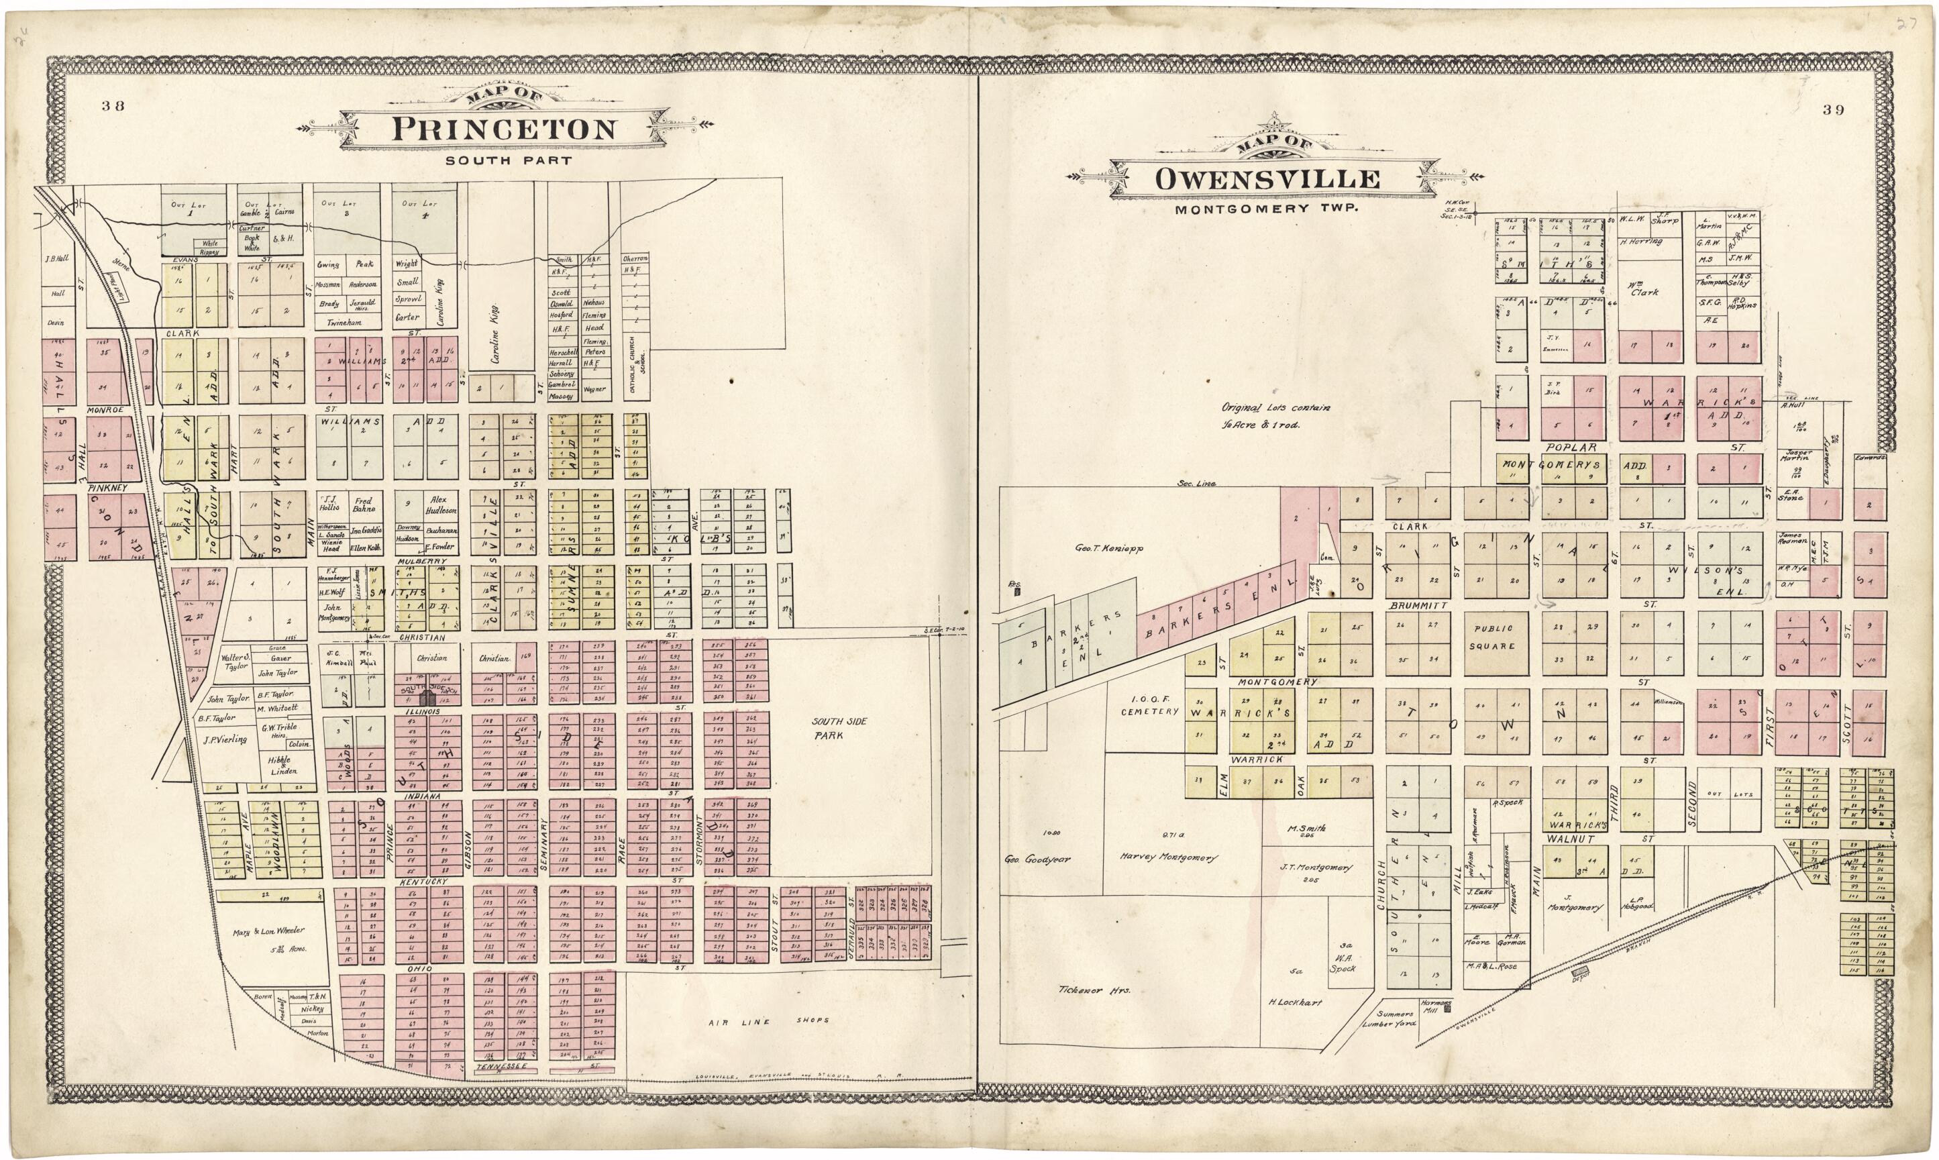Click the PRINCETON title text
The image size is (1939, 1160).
pos(503,129)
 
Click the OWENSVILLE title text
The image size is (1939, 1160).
pos(1267,179)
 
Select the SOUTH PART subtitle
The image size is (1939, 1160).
pos(508,161)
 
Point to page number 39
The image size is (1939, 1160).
pos(1833,110)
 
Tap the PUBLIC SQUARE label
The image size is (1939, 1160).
pos(1493,637)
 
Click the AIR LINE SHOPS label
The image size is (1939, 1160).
pos(768,1020)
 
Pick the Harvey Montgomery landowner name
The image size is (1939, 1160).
pos(1168,857)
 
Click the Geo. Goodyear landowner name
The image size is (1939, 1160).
pos(1037,859)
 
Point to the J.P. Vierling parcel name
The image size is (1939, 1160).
pos(224,739)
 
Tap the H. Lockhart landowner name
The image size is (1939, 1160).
pos(1294,1002)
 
